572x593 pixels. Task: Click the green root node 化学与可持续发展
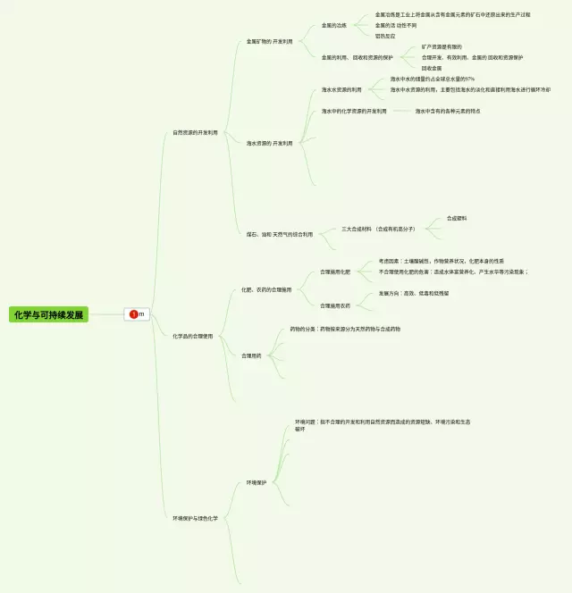pos(48,314)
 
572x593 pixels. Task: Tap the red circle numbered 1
pos(134,314)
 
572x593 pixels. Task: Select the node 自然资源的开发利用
pos(195,132)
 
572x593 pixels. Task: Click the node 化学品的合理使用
pos(193,336)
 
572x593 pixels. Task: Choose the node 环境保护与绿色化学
pos(195,518)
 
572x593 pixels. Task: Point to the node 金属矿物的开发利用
pos(269,41)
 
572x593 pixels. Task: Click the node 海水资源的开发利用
pos(269,143)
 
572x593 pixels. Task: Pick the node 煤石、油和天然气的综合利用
pos(280,234)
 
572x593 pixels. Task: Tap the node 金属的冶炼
pos(334,25)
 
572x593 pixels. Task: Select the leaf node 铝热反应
pos(384,36)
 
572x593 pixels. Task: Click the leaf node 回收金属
pos(432,68)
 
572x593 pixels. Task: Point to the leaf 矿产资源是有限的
pos(442,46)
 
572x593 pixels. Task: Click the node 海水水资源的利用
pos(341,89)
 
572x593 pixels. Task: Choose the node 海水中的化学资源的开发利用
pos(354,111)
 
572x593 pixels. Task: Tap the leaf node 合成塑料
pos(457,218)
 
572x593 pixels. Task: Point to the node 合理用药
pos(251,355)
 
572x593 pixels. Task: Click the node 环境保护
pos(257,482)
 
